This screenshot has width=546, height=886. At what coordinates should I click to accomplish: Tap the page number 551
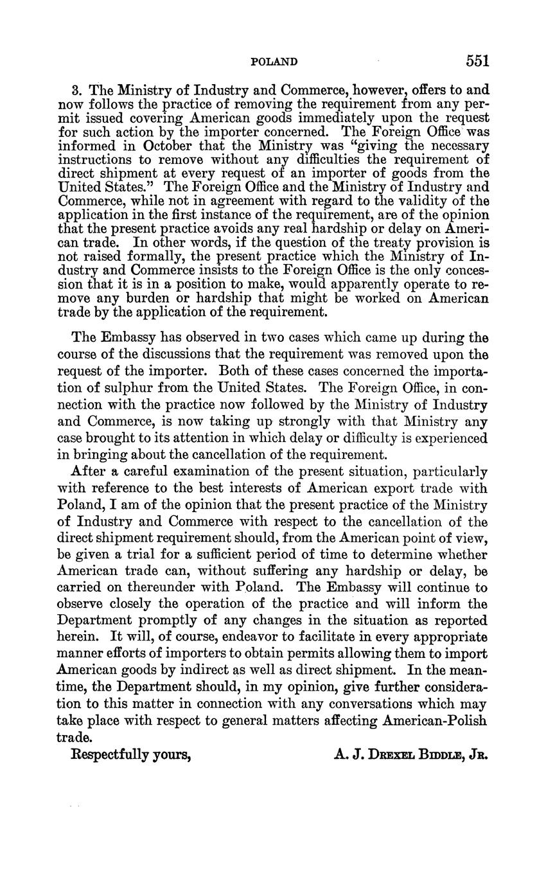click(478, 61)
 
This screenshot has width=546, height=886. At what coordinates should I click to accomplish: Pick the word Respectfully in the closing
click(110, 755)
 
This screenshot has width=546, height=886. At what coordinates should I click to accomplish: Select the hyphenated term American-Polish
click(434, 721)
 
